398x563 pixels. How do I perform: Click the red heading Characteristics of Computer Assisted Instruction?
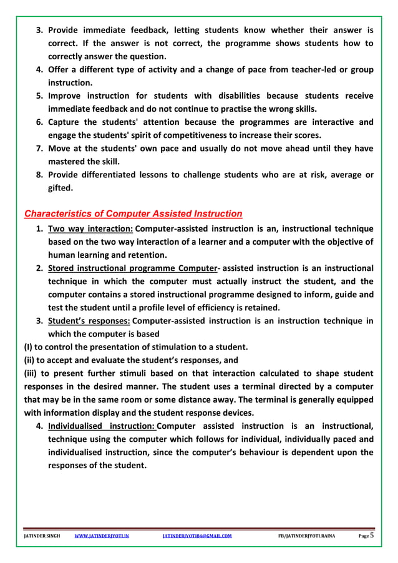133,214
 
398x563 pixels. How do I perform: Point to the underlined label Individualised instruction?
101,426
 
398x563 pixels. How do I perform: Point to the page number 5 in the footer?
372,535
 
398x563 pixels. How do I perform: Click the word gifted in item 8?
62,188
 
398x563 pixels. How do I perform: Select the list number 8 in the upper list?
37,175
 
